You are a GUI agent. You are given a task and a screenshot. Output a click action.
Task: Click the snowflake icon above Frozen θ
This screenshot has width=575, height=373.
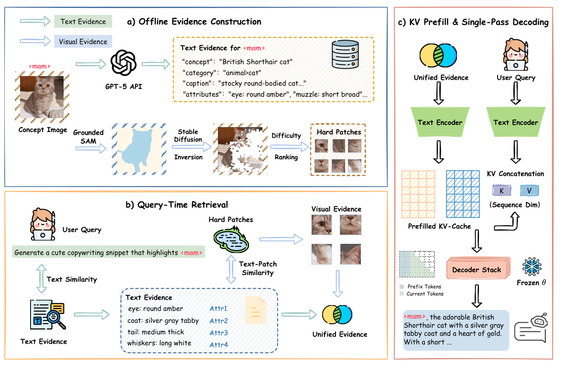coord(531,266)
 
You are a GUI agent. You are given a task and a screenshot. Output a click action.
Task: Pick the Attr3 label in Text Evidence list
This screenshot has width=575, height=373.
coord(218,332)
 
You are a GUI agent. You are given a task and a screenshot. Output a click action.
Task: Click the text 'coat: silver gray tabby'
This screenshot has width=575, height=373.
coord(159,320)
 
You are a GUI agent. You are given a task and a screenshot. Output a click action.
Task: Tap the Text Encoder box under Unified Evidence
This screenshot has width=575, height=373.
coord(440,122)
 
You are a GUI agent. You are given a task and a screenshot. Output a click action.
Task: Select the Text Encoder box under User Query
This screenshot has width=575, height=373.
coord(514,122)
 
